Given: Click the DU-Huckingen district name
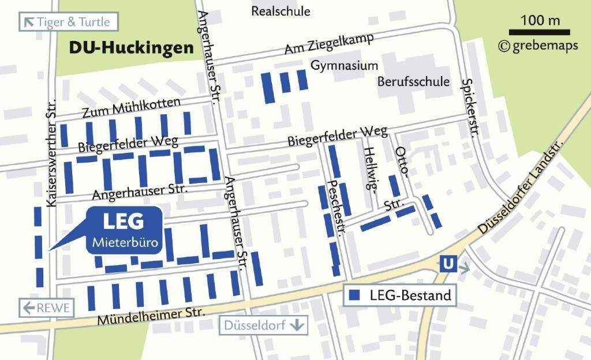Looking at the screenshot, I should [131, 48].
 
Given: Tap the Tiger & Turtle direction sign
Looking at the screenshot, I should [69, 22].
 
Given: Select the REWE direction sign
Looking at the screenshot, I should [47, 307].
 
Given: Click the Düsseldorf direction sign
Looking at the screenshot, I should [263, 325].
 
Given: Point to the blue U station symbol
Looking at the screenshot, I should [447, 264].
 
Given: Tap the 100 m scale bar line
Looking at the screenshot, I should [539, 32].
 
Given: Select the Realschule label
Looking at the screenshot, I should [280, 11].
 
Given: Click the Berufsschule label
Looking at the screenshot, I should [413, 81].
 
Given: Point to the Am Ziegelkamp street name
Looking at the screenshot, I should [329, 45].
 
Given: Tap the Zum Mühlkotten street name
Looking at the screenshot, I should [130, 107].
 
